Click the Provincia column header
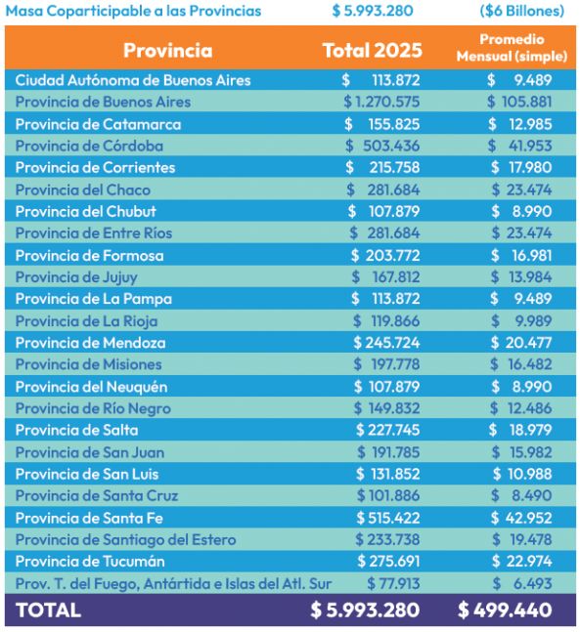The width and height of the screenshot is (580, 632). coord(167,51)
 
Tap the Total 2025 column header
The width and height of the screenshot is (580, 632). coord(372,51)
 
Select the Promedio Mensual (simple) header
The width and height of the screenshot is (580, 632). coord(512,48)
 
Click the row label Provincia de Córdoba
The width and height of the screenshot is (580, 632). coord(89,146)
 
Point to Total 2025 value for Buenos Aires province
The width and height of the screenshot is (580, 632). coord(381,102)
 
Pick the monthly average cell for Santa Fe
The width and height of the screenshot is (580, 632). coord(521,518)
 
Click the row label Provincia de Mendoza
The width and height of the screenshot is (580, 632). coord(90,343)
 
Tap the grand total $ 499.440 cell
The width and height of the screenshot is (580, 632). coord(505,610)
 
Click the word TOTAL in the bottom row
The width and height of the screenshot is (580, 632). coord(48,611)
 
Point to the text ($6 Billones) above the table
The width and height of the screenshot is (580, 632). coord(522,11)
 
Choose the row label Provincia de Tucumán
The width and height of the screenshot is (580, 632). coord(90,562)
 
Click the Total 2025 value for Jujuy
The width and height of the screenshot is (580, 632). coord(385,276)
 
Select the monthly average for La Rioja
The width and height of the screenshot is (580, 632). coord(521,321)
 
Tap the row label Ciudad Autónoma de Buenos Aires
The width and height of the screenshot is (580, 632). coord(133,80)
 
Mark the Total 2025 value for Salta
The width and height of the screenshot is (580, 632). coord(387,430)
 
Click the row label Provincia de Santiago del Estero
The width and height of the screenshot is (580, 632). coord(125,540)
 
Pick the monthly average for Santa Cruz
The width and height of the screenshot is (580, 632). coord(521,496)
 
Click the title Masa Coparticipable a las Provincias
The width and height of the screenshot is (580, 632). coord(133,11)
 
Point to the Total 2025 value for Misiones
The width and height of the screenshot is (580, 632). coord(386,364)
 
